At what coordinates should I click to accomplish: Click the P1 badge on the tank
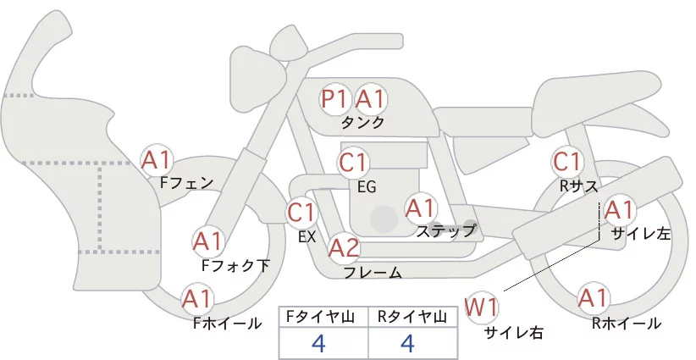(334, 99)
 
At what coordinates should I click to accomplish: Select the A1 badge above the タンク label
(370, 99)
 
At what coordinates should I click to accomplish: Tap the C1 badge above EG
(353, 161)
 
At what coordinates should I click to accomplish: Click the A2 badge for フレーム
(344, 247)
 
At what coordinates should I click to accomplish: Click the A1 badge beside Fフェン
(157, 158)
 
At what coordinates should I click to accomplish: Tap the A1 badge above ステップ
(421, 208)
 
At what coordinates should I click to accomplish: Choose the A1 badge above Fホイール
(198, 298)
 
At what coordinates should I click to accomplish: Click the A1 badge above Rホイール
(593, 298)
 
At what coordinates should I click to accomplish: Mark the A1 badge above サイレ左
(619, 209)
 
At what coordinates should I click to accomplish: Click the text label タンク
(362, 122)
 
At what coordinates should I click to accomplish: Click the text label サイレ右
(513, 333)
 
